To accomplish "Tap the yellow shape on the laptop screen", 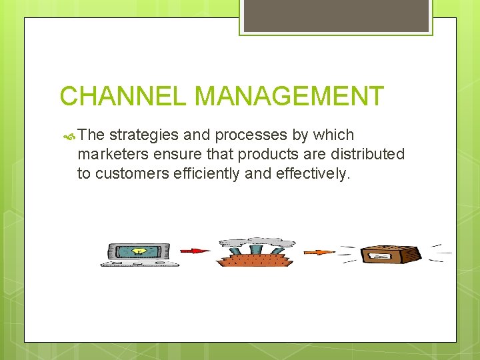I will [139, 251].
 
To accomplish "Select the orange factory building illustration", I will [256, 258].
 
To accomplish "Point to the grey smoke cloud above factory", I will [257, 242].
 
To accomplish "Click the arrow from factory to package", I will [319, 252].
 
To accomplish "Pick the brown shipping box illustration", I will [390, 254].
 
